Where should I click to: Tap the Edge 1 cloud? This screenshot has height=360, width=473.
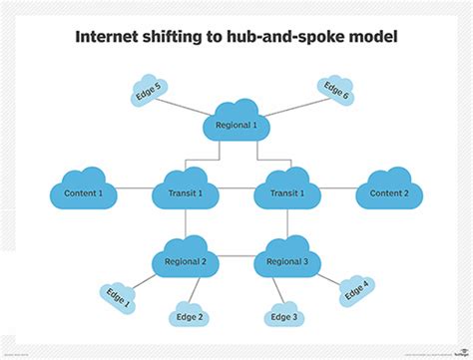(117, 297)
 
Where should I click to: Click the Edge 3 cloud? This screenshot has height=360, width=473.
(283, 315)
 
